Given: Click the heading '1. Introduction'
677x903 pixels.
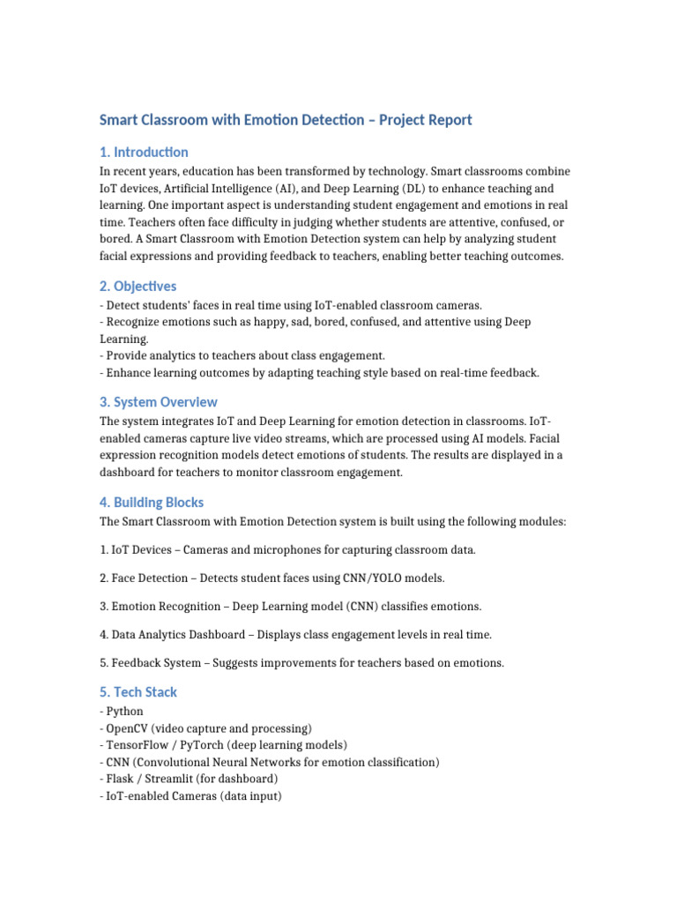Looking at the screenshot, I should click(144, 152).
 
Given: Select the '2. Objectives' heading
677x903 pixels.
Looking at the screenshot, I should click(138, 286).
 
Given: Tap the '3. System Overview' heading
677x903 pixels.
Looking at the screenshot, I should click(159, 402).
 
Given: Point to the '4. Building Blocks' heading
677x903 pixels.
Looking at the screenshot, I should click(152, 503).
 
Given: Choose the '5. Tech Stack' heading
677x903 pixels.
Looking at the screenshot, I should click(138, 692).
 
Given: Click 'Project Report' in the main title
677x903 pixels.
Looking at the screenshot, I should click(426, 120).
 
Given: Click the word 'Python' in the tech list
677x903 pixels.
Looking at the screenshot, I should click(124, 712).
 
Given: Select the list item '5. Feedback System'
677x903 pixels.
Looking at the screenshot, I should click(301, 663).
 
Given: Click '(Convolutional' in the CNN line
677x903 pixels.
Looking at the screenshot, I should click(177, 762).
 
